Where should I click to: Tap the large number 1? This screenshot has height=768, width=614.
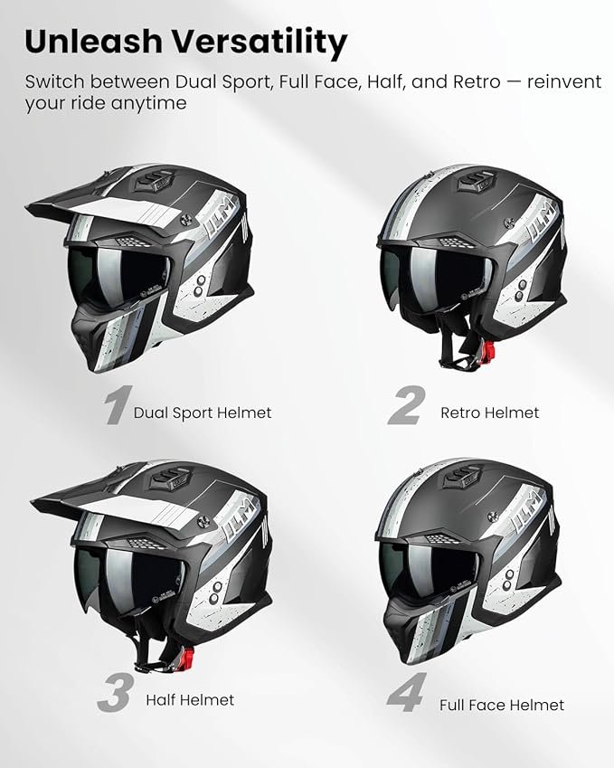pos(118,405)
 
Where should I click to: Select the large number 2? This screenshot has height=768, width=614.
pos(404,405)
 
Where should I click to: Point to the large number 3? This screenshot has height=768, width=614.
pos(114,693)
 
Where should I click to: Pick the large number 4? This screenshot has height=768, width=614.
pos(406,693)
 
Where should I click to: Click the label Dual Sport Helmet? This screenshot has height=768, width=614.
pos(203,412)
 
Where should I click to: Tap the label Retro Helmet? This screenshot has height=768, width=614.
pos(489,412)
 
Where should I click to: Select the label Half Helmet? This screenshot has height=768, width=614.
pos(190,700)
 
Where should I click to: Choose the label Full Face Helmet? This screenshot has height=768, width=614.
pos(501,706)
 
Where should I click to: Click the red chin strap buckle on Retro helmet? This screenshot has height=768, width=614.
pos(488,350)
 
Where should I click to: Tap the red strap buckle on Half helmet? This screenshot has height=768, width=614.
pos(187,657)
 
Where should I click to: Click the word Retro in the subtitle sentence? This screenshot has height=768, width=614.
pos(477,81)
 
